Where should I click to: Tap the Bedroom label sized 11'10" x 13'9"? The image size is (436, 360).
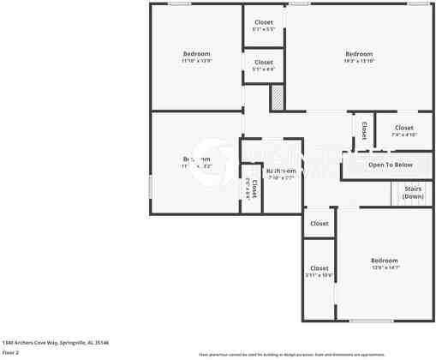click(196, 54)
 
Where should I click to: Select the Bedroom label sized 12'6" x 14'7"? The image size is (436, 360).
click(384, 261)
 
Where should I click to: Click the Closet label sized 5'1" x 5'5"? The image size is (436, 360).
click(264, 22)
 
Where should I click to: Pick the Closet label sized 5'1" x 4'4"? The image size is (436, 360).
click(264, 62)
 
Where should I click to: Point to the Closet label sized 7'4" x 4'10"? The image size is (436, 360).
click(403, 128)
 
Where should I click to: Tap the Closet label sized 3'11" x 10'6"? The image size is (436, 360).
click(319, 268)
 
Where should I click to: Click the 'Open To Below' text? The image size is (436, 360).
click(391, 165)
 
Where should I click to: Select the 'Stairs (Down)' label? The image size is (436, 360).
click(413, 193)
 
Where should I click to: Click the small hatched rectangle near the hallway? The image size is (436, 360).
click(278, 98)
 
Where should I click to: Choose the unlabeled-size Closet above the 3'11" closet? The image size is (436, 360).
click(319, 224)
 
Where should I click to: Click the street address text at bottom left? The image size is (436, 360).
click(56, 342)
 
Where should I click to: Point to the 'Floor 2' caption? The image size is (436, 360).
click(10, 351)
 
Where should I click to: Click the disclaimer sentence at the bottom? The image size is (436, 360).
click(292, 354)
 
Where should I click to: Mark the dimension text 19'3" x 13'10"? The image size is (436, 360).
click(359, 61)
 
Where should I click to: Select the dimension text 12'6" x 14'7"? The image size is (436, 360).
click(384, 267)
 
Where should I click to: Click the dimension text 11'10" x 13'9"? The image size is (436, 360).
click(196, 61)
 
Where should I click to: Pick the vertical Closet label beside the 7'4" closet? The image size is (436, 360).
click(363, 130)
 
